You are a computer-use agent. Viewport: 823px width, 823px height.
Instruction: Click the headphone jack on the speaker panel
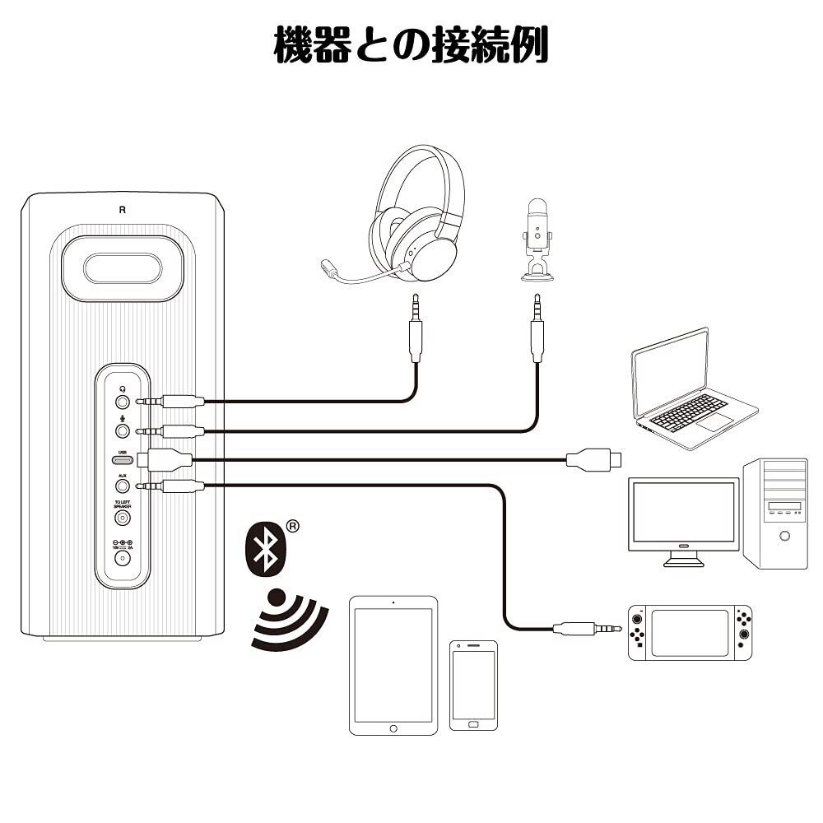click(123, 402)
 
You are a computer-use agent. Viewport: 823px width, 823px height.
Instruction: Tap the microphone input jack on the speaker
click(123, 430)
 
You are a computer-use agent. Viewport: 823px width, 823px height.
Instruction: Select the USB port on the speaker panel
click(123, 459)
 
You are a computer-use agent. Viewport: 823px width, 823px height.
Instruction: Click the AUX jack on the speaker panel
click(123, 486)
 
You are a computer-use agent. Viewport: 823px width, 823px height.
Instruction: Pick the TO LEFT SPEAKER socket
click(123, 518)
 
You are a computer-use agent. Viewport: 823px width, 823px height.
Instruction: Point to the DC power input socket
click(123, 557)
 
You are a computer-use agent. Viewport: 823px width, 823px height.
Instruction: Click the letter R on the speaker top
click(122, 209)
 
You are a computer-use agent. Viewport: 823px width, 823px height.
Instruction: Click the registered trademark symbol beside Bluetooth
click(292, 525)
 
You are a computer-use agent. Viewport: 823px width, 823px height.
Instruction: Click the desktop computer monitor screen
click(682, 512)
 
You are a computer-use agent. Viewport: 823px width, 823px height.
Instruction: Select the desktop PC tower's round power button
click(784, 536)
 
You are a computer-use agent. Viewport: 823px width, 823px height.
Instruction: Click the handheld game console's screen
click(690, 632)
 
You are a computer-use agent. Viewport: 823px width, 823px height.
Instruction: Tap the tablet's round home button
click(393, 728)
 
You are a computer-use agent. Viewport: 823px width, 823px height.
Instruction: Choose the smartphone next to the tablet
click(473, 685)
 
